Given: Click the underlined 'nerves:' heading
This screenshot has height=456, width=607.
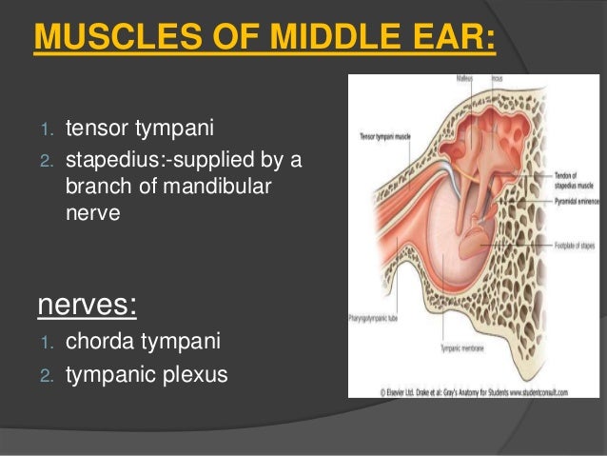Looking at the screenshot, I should (86, 307).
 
